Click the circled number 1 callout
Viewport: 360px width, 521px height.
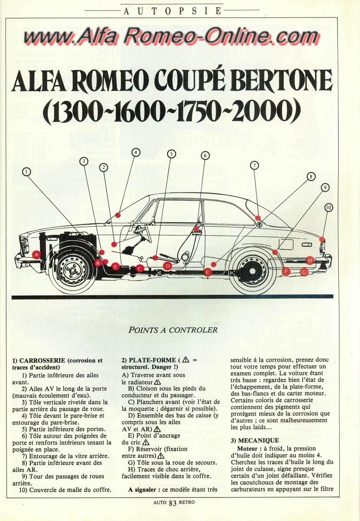tap(27, 172)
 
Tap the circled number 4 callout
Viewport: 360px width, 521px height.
tap(136, 152)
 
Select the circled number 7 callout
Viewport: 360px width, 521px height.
tap(254, 165)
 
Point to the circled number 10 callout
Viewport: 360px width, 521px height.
tap(328, 208)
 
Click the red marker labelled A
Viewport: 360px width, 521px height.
tap(36, 254)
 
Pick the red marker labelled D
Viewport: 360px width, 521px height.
tap(168, 266)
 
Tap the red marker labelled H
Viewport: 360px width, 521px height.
tap(310, 260)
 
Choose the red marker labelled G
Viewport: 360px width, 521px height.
tap(304, 272)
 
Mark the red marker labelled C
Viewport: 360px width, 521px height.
tap(140, 268)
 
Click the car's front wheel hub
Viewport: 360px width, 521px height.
tap(73, 270)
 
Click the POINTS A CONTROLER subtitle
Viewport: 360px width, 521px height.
tap(173, 330)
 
